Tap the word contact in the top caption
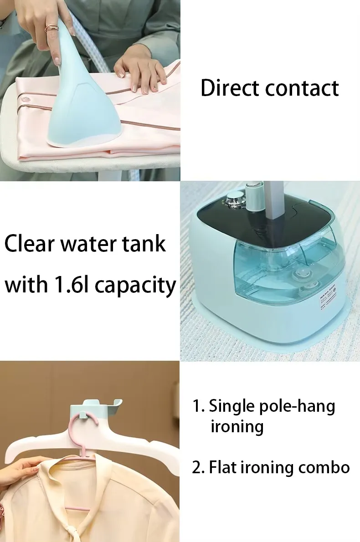point(302,89)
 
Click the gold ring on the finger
point(52,27)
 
